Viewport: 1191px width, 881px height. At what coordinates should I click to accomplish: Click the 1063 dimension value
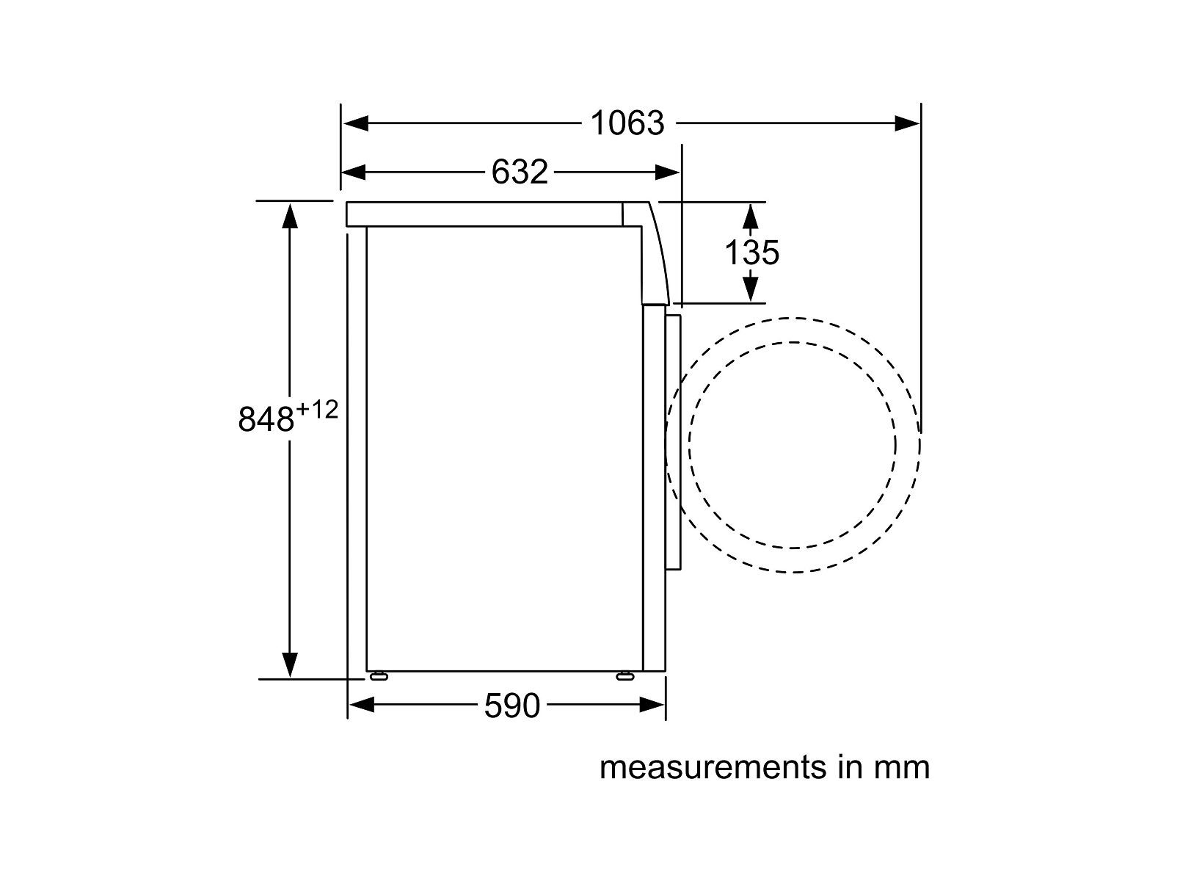[x=627, y=123]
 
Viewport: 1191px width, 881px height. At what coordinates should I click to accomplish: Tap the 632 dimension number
[x=520, y=172]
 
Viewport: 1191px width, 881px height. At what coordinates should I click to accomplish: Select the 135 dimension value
[x=751, y=253]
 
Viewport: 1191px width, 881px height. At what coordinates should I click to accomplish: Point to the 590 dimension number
[x=511, y=706]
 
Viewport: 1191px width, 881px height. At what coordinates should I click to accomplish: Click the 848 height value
[x=266, y=419]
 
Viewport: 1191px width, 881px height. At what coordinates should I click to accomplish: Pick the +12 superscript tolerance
[x=317, y=410]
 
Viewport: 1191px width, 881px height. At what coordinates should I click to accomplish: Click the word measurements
[x=713, y=767]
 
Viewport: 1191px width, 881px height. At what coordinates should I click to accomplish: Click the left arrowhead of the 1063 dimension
[x=355, y=123]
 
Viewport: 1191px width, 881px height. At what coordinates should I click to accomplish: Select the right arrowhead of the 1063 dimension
[x=907, y=123]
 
